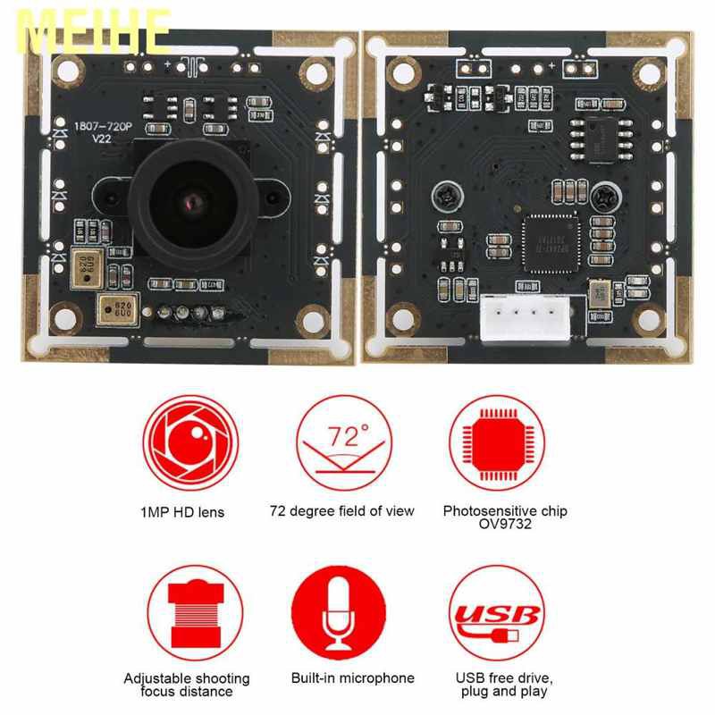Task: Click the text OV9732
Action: [x=505, y=525]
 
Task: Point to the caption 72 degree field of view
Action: [x=342, y=511]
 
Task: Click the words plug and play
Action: [x=505, y=692]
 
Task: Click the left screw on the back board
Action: [x=440, y=193]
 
